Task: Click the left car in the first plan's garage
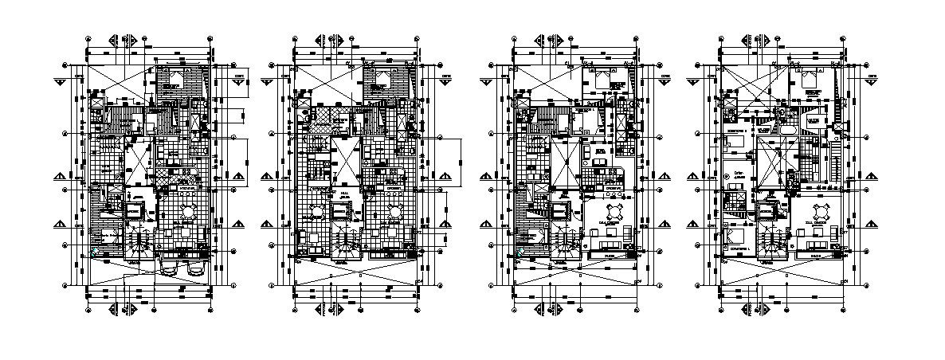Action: click(x=169, y=269)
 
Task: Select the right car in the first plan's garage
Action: click(x=193, y=269)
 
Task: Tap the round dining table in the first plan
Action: click(x=189, y=212)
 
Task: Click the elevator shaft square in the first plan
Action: click(x=133, y=210)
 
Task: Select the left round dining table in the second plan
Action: click(x=316, y=212)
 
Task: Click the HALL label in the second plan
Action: click(x=344, y=193)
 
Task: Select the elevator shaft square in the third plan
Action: click(x=559, y=210)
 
